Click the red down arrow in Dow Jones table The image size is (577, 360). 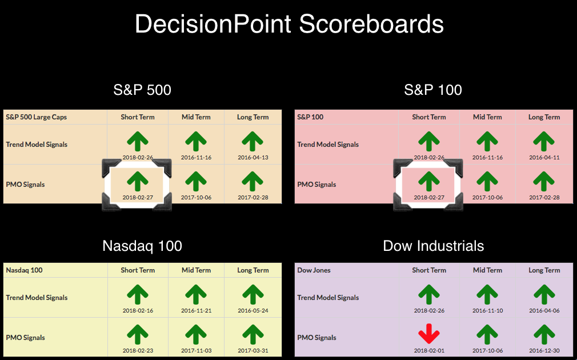pyautogui.click(x=429, y=334)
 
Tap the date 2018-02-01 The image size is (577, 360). pyautogui.click(x=429, y=351)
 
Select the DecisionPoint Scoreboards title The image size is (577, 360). pyautogui.click(x=289, y=24)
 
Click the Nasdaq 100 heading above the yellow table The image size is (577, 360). pyautogui.click(x=142, y=246)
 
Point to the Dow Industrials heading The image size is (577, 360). pyautogui.click(x=434, y=246)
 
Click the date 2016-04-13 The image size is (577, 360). pyautogui.click(x=253, y=158)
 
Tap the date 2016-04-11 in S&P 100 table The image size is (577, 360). pyautogui.click(x=544, y=158)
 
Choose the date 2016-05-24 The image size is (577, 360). pyautogui.click(x=253, y=311)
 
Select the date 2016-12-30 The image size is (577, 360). pyautogui.click(x=544, y=351)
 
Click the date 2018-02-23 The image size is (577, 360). pyautogui.click(x=138, y=351)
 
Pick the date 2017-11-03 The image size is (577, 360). pyautogui.click(x=196, y=351)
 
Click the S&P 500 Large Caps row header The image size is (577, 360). pyautogui.click(x=37, y=117)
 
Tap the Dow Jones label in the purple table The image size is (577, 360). pyautogui.click(x=314, y=270)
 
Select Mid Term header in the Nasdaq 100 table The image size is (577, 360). pyautogui.click(x=196, y=270)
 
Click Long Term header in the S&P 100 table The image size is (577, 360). pyautogui.click(x=544, y=117)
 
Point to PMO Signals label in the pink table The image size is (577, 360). pyautogui.click(x=316, y=185)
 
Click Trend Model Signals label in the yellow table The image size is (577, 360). pyautogui.click(x=37, y=297)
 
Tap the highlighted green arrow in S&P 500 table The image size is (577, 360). pyautogui.click(x=138, y=182)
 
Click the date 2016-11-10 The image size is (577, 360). pyautogui.click(x=487, y=311)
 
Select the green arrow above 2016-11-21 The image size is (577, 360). pyautogui.click(x=196, y=294)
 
